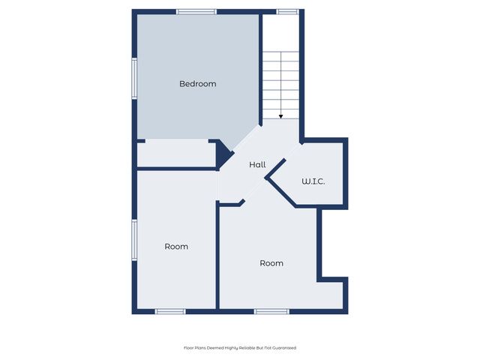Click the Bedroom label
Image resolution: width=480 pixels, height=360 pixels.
point(197,84)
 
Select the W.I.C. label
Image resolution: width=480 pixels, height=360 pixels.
point(313,181)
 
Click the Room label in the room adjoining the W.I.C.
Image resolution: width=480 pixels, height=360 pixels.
point(271,263)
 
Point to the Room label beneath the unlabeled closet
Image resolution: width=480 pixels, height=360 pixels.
point(176,246)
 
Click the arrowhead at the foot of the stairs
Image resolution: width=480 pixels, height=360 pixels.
point(280,116)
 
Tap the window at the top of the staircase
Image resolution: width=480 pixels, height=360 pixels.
point(287,11)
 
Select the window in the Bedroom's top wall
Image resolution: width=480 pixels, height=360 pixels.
point(196,11)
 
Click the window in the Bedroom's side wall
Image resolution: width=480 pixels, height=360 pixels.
point(134,78)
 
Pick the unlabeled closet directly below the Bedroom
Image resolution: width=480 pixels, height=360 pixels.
point(176,154)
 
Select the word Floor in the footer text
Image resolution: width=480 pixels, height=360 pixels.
point(189,348)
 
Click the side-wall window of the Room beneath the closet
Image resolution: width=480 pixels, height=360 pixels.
point(134,240)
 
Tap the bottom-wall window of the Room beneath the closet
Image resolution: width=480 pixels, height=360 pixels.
point(170,310)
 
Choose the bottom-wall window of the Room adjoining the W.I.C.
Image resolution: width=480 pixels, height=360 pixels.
point(271,310)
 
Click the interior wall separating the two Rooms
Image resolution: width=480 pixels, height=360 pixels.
point(217,255)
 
